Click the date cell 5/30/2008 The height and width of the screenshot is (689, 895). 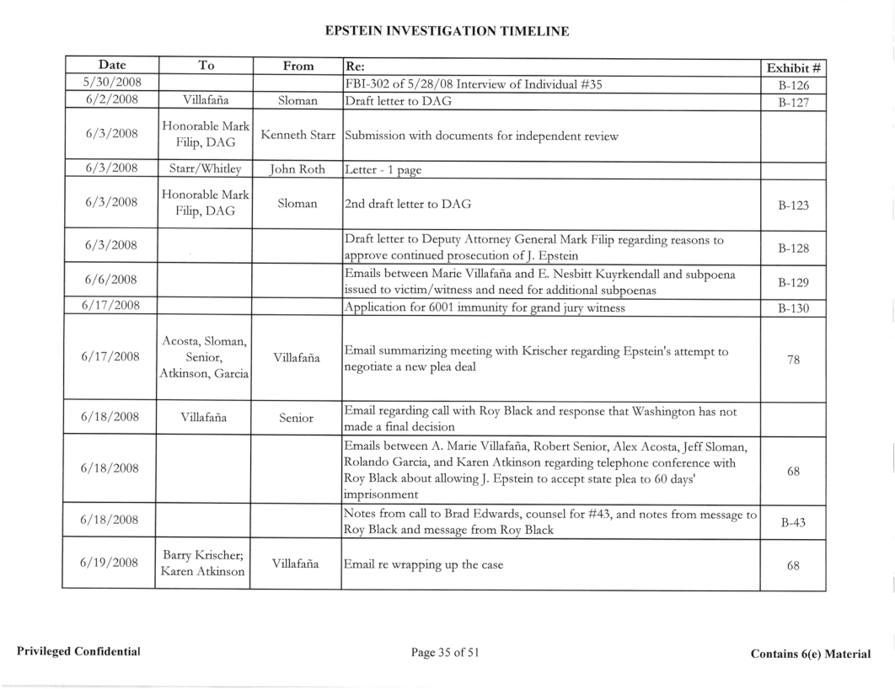coord(109,83)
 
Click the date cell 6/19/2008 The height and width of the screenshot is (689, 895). coord(109,565)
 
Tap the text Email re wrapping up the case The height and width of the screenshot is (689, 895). coord(425,565)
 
